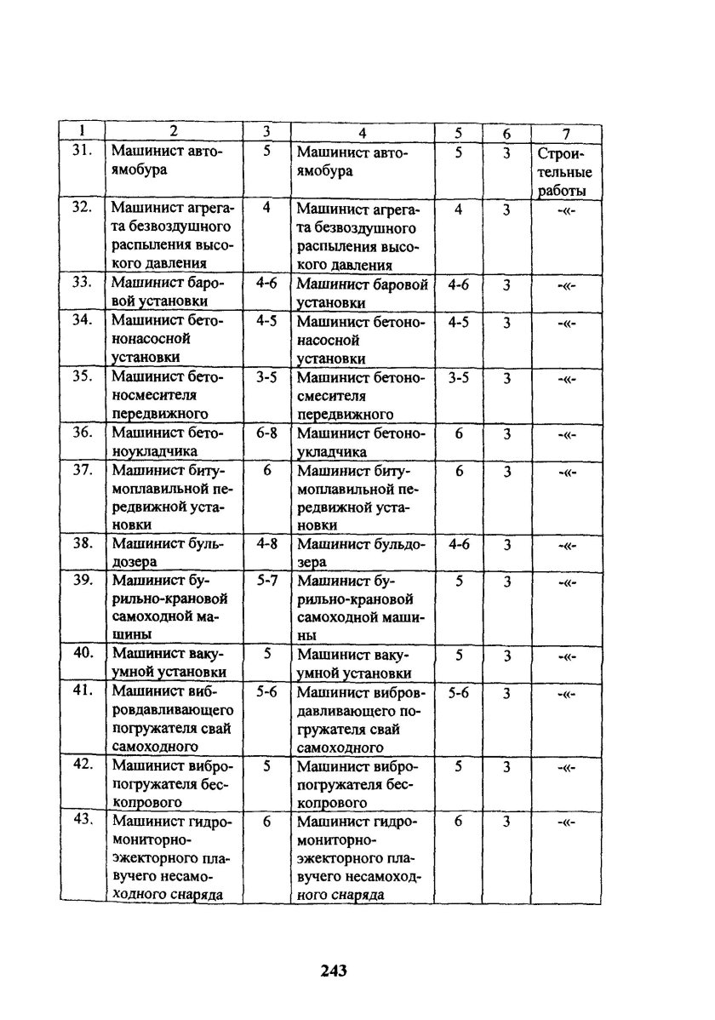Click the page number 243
click(x=335, y=970)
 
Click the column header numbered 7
click(x=565, y=133)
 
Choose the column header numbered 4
click(x=362, y=133)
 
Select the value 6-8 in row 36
click(x=266, y=433)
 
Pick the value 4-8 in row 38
click(x=266, y=543)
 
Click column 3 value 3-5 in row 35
click(x=266, y=377)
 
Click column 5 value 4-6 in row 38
click(x=458, y=543)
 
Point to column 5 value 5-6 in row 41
click(x=458, y=693)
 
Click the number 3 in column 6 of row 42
click(x=506, y=766)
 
